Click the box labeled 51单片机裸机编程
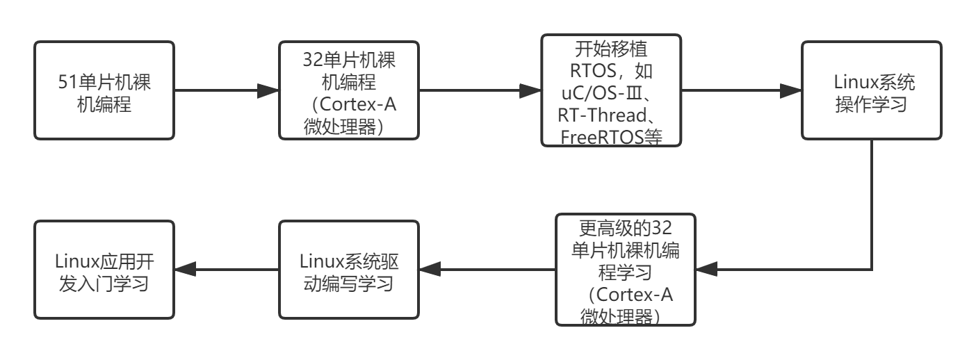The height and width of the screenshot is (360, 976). (104, 90)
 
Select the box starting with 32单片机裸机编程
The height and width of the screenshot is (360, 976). (349, 90)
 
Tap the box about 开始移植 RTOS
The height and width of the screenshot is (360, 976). (612, 90)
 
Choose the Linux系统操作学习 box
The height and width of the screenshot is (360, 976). (872, 90)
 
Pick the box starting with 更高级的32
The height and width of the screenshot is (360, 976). (626, 270)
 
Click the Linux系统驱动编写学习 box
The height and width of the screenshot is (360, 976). (349, 270)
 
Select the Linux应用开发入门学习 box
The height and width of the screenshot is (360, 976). (104, 270)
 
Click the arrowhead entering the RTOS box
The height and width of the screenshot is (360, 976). (531, 90)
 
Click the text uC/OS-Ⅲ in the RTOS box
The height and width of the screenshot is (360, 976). (605, 93)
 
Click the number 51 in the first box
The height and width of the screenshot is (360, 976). (67, 82)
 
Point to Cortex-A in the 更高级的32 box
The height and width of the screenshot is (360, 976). (635, 295)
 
